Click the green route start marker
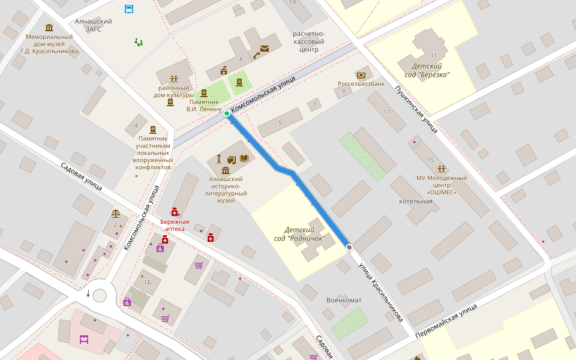[227, 113]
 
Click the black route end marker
[349, 247]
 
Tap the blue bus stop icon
[129, 8]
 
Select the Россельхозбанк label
[361, 84]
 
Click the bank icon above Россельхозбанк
[361, 75]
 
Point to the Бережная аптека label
[175, 226]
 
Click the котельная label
[415, 201]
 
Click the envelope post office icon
[265, 49]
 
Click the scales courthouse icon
[115, 214]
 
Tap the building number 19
[292, 3]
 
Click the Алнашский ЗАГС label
[93, 25]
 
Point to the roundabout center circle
[100, 295]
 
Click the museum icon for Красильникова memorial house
[49, 28]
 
